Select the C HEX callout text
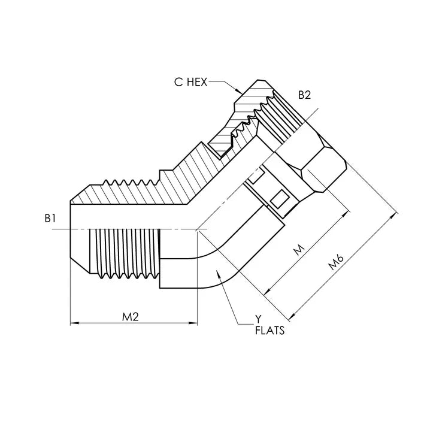coord(190,83)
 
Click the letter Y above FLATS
coord(259,319)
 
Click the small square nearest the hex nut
coord(278,199)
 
